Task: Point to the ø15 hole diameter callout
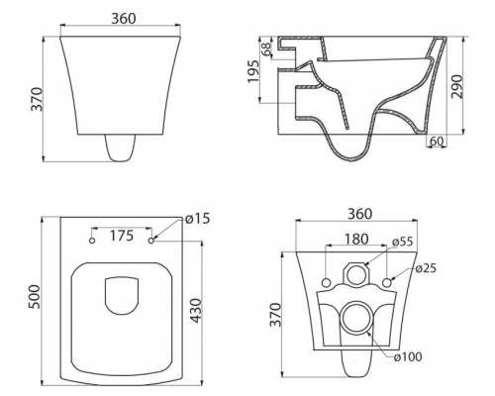[x=197, y=219]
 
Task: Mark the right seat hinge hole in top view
[x=150, y=241]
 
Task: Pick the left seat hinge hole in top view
[x=91, y=241]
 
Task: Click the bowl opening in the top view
[x=122, y=294]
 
